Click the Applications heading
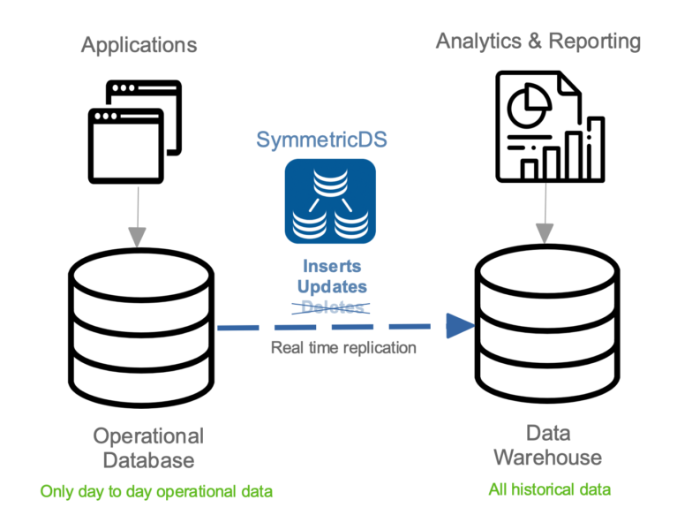[139, 45]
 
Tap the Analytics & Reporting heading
[538, 41]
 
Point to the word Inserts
[332, 266]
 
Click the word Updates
[332, 286]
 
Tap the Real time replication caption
[343, 347]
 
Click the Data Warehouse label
[547, 445]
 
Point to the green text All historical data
[549, 488]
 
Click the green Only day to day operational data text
[156, 491]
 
